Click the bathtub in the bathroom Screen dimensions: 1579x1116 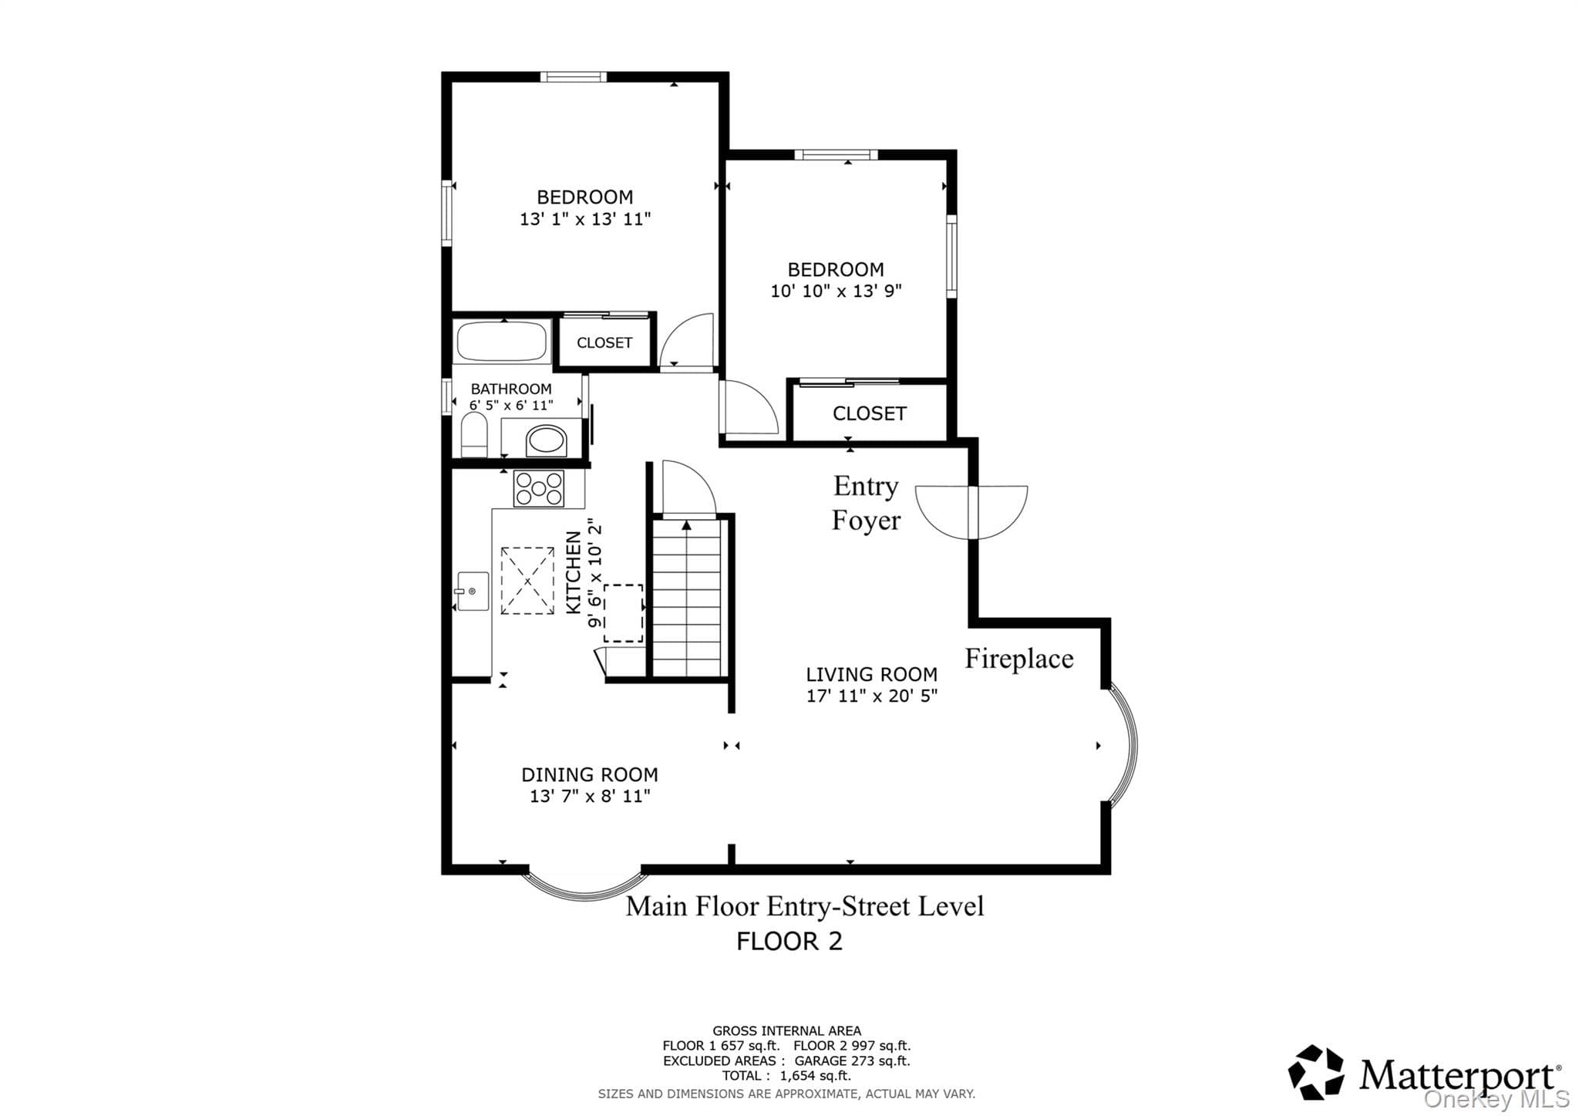tap(501, 342)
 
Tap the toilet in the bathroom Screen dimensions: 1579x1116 tap(474, 435)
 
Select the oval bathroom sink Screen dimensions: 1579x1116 tap(546, 441)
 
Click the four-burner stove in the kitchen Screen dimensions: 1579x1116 tap(539, 488)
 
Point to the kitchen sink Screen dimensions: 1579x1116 tap(472, 592)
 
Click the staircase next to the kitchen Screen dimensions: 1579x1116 tap(687, 598)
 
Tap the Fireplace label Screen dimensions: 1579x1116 tap(1019, 659)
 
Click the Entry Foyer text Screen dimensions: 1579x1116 tap(866, 503)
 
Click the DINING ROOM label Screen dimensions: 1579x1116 tap(590, 774)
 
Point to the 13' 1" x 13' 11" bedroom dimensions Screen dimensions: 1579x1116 tap(585, 219)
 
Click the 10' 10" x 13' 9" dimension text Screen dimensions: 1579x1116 tap(837, 291)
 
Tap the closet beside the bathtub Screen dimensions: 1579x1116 tap(604, 342)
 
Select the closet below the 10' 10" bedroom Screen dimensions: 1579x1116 tap(869, 413)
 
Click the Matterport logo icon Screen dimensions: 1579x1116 tap(1316, 1072)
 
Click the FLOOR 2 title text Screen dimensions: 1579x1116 tap(789, 941)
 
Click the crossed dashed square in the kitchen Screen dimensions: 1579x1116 tap(527, 581)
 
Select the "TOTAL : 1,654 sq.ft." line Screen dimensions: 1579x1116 tap(786, 1076)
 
